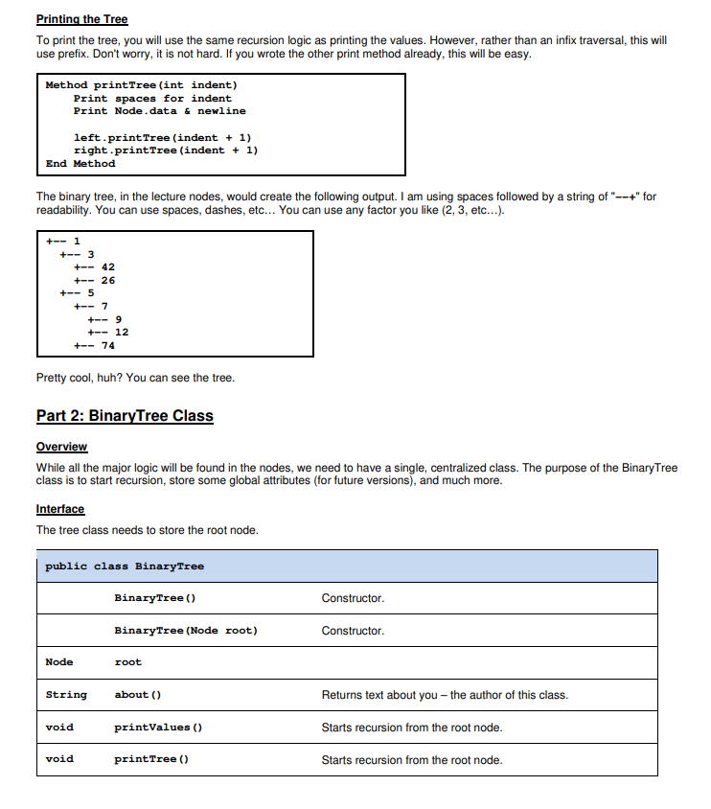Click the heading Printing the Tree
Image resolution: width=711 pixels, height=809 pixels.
(81, 19)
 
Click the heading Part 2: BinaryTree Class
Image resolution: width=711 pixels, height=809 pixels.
(125, 415)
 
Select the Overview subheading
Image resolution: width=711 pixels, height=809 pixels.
(61, 447)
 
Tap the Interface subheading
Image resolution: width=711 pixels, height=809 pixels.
(60, 509)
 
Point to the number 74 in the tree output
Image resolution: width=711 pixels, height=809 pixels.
(107, 345)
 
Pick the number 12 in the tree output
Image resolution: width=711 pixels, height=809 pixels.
(121, 332)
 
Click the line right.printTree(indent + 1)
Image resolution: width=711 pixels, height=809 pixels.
(165, 150)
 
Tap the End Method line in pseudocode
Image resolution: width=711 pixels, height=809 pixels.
(80, 163)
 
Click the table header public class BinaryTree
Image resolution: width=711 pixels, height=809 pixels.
(125, 566)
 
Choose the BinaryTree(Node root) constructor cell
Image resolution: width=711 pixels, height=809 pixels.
(185, 630)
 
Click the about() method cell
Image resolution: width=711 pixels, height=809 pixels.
(137, 694)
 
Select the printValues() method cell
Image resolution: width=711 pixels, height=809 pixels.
(157, 727)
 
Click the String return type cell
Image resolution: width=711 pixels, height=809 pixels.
(66, 694)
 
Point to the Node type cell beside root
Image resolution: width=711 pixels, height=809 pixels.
(59, 661)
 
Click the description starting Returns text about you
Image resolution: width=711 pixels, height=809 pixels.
(444, 695)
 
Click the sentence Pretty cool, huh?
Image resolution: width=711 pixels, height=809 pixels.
(135, 378)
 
